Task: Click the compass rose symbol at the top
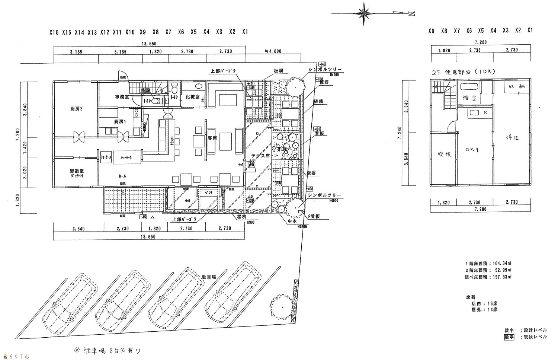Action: [x=364, y=14]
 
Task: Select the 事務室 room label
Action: [x=122, y=97]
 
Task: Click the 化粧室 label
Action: [x=193, y=97]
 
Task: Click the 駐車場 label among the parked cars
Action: [x=209, y=277]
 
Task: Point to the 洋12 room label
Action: [x=512, y=138]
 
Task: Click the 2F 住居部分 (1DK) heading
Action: [x=462, y=73]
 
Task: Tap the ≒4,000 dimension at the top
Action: [x=273, y=51]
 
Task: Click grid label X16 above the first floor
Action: [x=54, y=32]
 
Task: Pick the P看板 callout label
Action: [x=314, y=216]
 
